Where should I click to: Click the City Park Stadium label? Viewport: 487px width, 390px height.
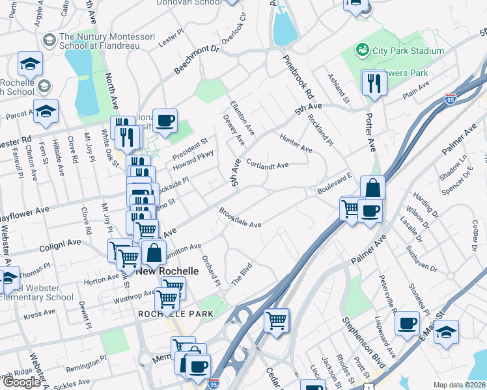pos(407,51)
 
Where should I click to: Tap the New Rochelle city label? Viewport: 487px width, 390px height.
pos(167,270)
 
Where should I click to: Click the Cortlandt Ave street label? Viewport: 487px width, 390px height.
pos(268,165)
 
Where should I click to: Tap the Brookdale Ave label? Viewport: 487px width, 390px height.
pos(240,218)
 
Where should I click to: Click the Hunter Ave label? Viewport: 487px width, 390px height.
pos(296,144)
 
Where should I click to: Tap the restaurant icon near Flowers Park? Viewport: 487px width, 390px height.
pos(374,83)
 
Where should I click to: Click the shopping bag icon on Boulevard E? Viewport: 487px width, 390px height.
pos(372,188)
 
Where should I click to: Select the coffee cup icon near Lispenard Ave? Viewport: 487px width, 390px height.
pos(408,323)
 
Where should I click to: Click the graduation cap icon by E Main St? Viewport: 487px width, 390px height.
pos(446,331)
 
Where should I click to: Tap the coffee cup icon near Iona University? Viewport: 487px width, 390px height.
pos(165,120)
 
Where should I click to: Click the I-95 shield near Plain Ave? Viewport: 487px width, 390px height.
pos(451,99)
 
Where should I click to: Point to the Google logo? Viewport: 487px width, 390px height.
pos(21,382)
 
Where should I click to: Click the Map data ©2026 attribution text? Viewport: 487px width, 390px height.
pos(460,385)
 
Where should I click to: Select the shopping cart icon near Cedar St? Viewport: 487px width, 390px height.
pos(277,320)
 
